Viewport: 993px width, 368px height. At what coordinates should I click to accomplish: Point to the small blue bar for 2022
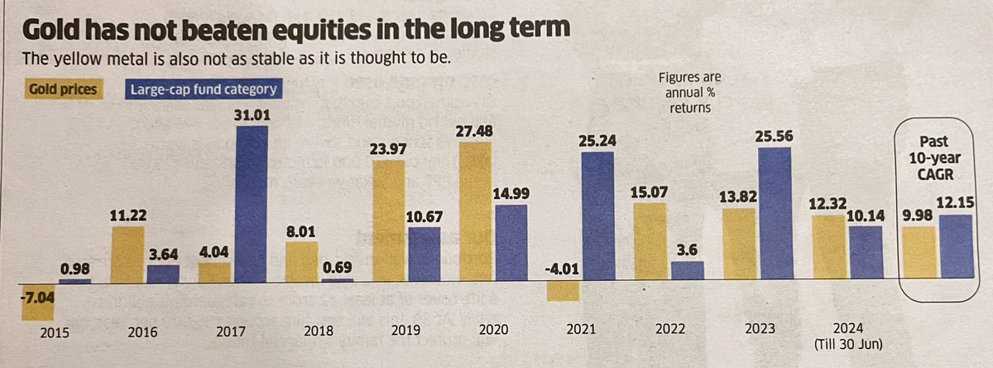coord(687,271)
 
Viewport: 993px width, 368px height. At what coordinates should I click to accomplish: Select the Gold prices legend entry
coord(64,88)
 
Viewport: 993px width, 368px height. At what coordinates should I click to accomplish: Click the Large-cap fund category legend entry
coord(202,88)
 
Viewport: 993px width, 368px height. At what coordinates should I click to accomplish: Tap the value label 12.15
coord(957,203)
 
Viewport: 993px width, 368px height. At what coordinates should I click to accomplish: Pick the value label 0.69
coord(337,268)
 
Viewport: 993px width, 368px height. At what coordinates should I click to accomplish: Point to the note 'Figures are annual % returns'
coord(689,92)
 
